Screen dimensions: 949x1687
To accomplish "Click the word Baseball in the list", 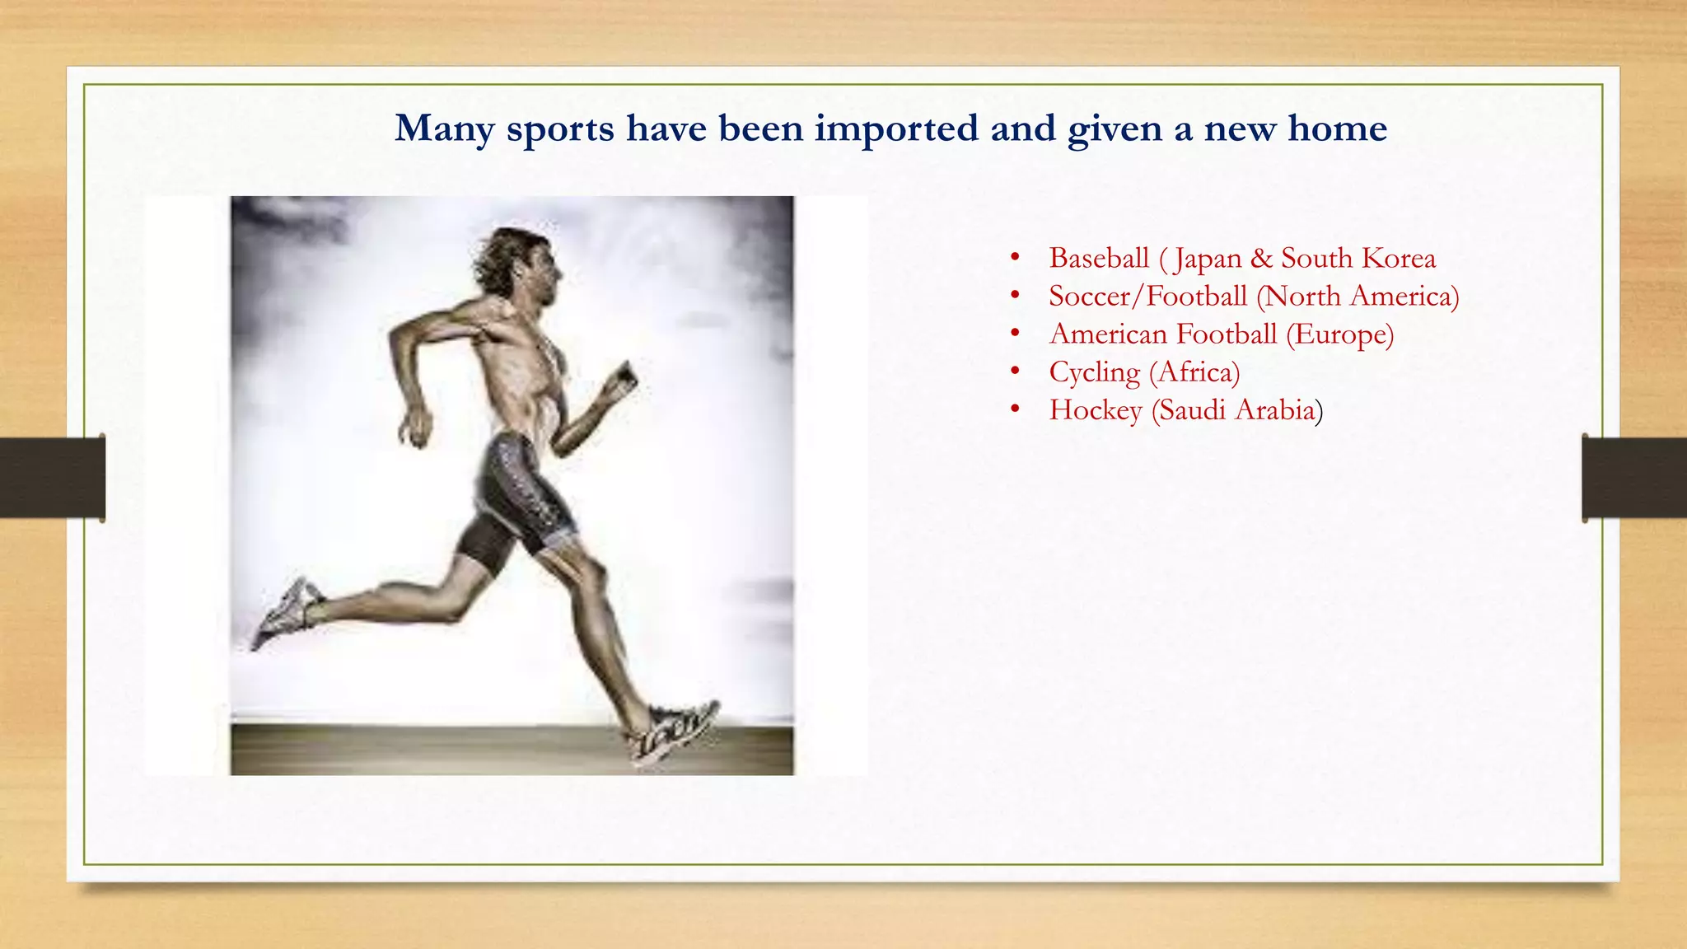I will click(x=1098, y=259).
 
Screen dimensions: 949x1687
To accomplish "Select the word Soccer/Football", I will click(x=1147, y=297).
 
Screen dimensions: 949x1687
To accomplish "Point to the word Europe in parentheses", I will click(x=1339, y=334).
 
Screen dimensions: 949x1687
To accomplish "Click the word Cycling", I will click(x=1094, y=372).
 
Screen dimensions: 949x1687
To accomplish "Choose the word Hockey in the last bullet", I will click(x=1096, y=410).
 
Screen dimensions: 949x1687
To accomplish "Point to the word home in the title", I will click(x=1337, y=129).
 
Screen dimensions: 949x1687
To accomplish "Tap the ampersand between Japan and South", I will click(x=1260, y=259).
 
